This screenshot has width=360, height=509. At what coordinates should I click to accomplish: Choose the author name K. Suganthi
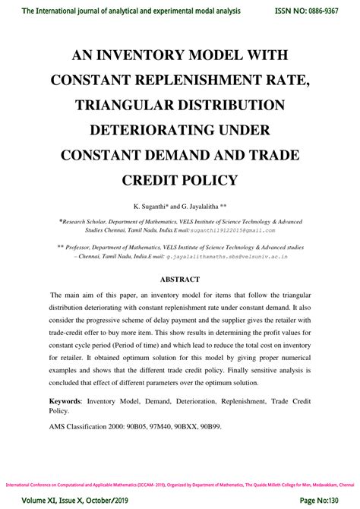[x=155, y=206]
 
